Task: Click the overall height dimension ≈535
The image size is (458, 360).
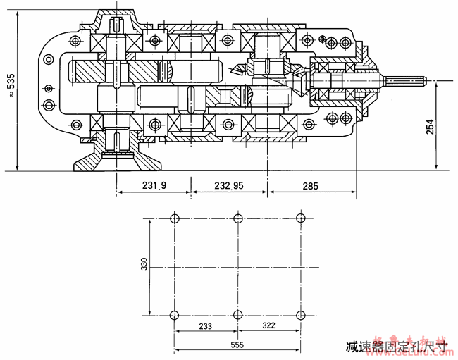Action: click(11, 85)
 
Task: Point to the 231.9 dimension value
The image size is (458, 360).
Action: click(153, 186)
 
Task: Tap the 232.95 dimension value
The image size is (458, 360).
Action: click(228, 186)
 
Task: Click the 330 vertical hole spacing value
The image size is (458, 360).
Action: click(144, 264)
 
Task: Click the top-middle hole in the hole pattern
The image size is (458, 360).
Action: click(239, 218)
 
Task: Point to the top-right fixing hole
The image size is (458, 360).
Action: click(301, 218)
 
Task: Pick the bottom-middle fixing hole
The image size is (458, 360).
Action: click(239, 314)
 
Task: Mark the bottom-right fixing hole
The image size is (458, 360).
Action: click(301, 314)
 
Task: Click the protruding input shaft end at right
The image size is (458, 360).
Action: click(407, 80)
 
